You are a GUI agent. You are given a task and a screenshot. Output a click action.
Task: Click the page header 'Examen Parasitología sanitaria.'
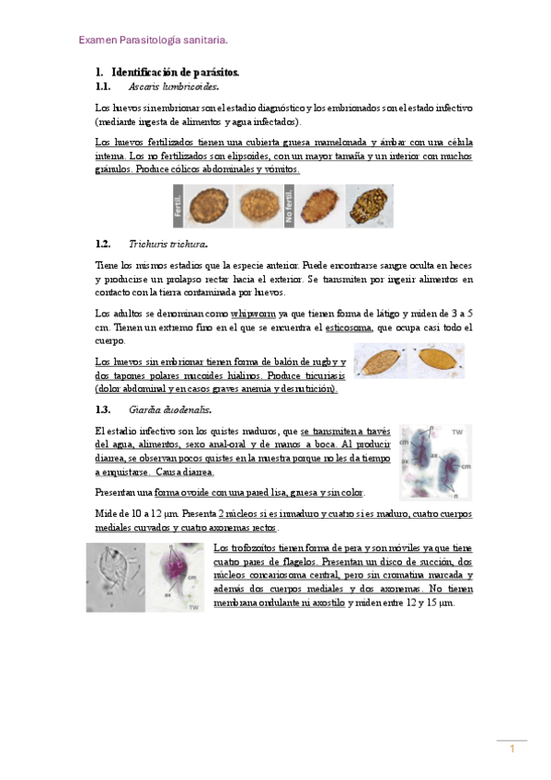click(x=153, y=40)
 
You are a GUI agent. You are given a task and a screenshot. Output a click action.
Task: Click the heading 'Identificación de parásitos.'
click(x=175, y=72)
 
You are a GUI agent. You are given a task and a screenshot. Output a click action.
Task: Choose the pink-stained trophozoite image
click(x=177, y=578)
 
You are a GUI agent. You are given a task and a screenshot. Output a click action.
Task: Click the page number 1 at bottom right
click(x=511, y=750)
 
